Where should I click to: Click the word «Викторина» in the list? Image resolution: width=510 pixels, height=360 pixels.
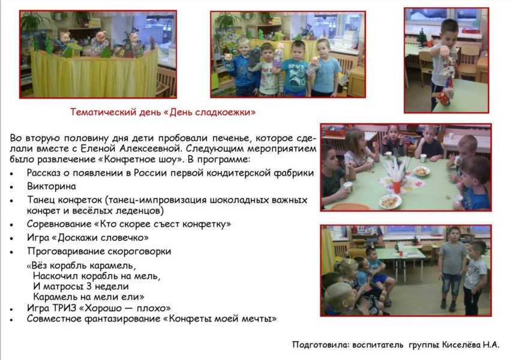pos(52,187)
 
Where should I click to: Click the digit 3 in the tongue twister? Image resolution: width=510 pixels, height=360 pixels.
pos(90,287)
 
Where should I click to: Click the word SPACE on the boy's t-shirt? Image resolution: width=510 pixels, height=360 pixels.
pos(296,67)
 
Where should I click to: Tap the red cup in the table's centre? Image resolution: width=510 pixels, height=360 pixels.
pos(397,187)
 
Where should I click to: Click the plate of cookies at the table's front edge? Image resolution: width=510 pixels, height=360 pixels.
pos(391,201)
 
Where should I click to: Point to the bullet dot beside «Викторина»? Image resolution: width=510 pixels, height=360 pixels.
pos(12,187)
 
